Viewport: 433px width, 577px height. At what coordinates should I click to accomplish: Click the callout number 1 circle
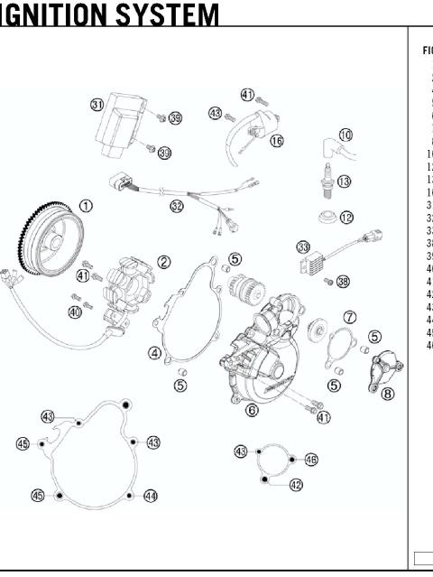[x=86, y=206]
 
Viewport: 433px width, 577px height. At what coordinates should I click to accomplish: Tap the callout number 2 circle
[x=164, y=262]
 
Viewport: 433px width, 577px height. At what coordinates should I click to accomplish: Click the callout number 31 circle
[x=97, y=105]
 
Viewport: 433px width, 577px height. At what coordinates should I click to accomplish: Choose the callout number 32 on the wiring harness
[x=177, y=206]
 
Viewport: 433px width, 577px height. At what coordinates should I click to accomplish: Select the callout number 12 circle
[x=346, y=218]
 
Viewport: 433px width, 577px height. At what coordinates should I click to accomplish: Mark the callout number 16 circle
[x=276, y=140]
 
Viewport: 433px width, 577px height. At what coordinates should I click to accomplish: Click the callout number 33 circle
[x=303, y=247]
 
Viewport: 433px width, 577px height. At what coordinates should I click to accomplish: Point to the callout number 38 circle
[x=343, y=282]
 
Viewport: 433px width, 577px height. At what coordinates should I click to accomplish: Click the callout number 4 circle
[x=155, y=353]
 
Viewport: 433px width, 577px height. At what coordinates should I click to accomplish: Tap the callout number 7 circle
[x=350, y=317]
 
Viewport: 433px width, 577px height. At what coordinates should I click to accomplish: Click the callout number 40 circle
[x=75, y=312]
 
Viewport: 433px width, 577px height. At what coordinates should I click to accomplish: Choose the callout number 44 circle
[x=151, y=496]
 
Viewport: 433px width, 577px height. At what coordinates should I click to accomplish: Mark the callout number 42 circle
[x=296, y=485]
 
